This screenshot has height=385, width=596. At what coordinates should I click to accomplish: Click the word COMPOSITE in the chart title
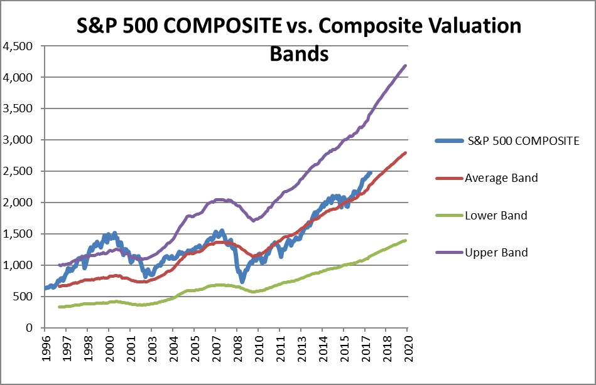tap(227, 26)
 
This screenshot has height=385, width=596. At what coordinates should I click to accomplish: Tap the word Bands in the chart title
tap(299, 54)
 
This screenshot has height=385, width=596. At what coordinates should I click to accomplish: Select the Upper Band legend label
tap(496, 253)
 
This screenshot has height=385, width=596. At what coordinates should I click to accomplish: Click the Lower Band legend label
tap(496, 215)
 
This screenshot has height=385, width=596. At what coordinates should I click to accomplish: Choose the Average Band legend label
tap(501, 177)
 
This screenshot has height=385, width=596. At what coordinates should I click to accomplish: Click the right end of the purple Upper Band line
tap(406, 65)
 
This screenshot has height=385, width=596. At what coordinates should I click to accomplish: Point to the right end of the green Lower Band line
tap(406, 240)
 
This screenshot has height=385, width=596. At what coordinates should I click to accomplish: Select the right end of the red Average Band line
tap(406, 152)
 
